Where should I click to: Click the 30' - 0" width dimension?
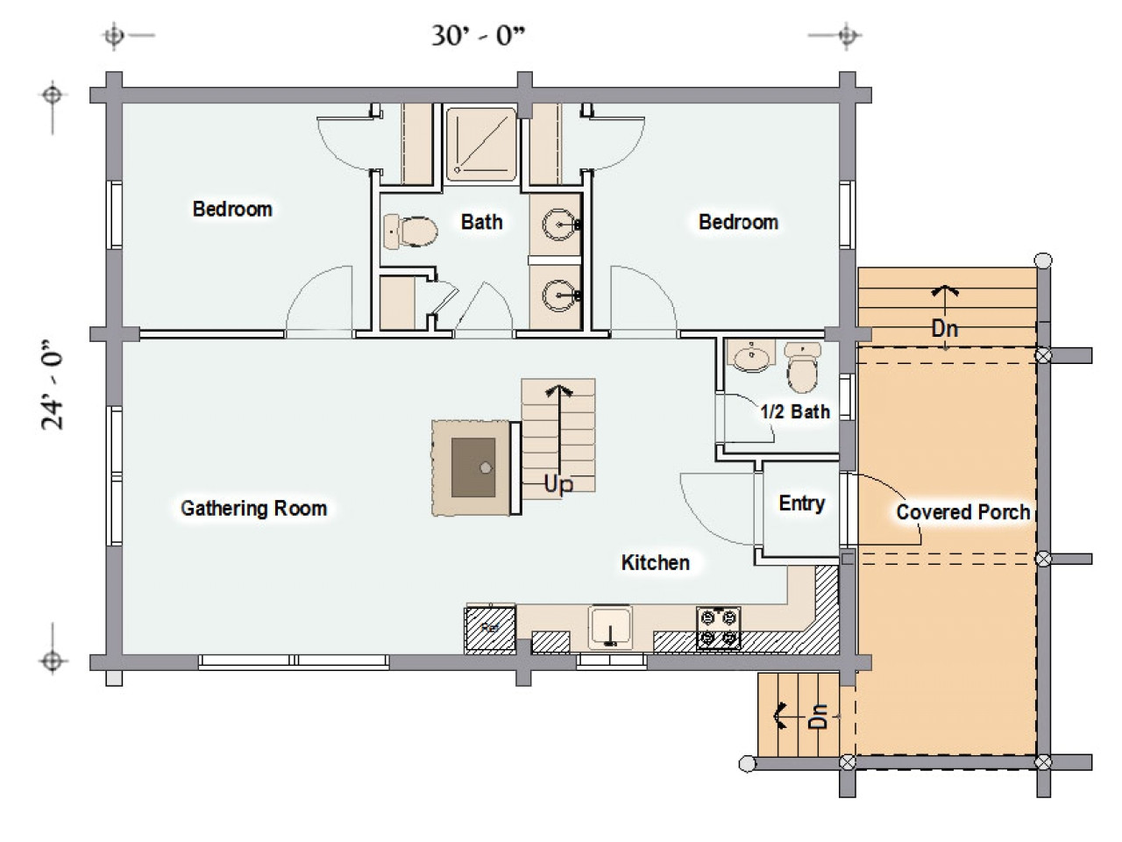click(479, 36)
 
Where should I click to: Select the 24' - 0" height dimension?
click(52, 384)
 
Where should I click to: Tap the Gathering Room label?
click(254, 508)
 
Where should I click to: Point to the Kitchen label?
click(656, 562)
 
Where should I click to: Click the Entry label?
click(801, 503)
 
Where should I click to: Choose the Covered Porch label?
click(963, 511)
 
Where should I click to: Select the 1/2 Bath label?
click(795, 411)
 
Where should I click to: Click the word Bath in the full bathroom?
click(481, 222)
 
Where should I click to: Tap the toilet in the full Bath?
click(410, 232)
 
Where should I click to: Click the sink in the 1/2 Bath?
click(751, 355)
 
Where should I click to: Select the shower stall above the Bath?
click(481, 144)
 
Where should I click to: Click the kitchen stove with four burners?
click(718, 628)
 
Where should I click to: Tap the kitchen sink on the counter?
click(610, 627)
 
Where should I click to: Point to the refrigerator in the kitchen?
click(490, 630)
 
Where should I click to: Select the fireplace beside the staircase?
click(472, 467)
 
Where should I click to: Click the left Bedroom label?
click(232, 209)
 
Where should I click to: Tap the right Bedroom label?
click(738, 222)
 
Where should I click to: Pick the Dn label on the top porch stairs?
click(945, 328)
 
